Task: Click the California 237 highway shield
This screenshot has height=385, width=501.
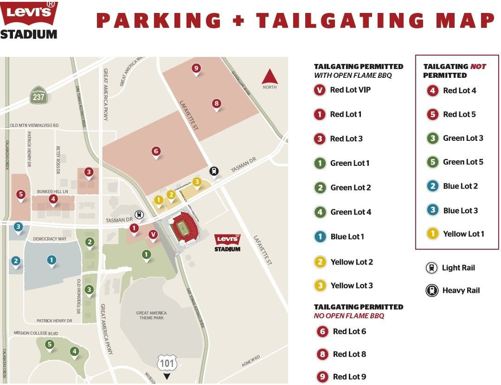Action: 38,95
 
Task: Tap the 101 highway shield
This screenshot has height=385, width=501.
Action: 167,363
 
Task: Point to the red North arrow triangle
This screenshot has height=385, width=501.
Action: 270,77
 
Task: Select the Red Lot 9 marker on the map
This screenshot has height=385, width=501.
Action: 196,69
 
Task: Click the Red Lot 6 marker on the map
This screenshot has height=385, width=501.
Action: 156,151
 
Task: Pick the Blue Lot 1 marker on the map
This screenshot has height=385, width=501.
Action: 51,260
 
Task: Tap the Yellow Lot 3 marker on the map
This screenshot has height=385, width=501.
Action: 197,182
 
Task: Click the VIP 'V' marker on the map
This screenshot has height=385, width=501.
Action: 153,234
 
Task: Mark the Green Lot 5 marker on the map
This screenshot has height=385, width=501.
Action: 49,344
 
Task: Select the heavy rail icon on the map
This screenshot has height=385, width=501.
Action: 213,171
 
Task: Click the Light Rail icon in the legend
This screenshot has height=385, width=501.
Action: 431,268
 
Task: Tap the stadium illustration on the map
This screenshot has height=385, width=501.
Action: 183,229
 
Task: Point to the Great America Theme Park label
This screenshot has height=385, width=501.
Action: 151,316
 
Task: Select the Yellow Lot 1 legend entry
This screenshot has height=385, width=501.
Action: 455,234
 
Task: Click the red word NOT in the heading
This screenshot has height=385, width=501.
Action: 478,67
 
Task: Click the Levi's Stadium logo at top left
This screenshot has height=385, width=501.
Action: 29,20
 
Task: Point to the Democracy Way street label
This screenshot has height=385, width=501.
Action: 50,239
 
